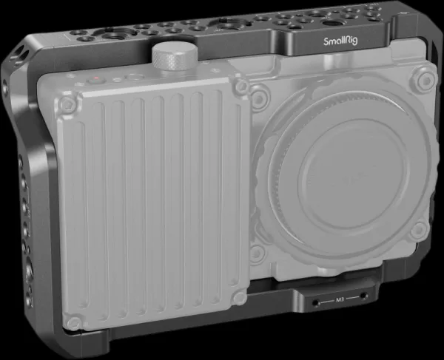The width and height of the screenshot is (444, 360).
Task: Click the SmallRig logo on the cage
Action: point(340,41)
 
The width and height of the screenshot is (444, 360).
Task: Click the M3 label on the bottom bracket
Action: point(340,299)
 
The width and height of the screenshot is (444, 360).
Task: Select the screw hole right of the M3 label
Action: point(363,296)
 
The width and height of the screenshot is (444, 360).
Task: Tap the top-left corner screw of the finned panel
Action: point(67,103)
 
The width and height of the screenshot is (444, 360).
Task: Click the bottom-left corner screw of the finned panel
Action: point(74,323)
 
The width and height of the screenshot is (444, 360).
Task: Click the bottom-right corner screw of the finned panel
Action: point(239,297)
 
